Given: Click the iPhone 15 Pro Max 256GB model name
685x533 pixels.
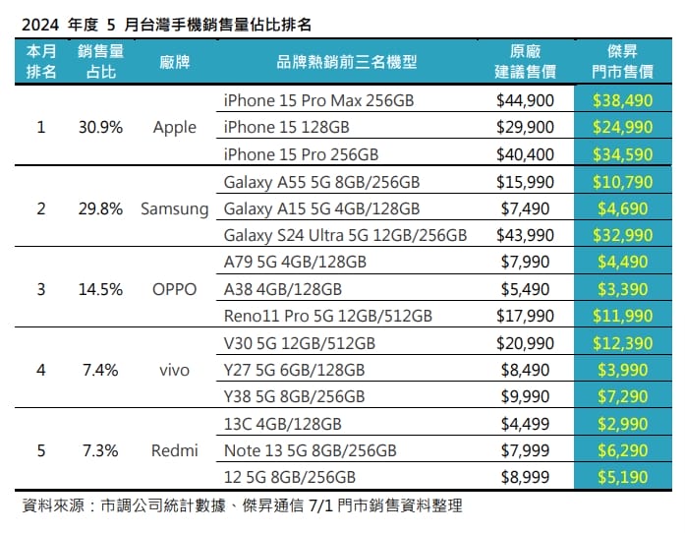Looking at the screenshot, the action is pyautogui.click(x=318, y=100).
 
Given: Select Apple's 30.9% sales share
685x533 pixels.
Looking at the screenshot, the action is pyautogui.click(x=100, y=127).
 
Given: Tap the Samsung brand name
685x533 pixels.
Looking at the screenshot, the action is pyautogui.click(x=174, y=209).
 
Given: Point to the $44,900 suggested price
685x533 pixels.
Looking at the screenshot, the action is pyautogui.click(x=525, y=100).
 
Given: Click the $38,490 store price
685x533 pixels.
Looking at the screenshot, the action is pyautogui.click(x=622, y=100).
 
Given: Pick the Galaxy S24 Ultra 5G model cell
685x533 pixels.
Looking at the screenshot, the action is pyautogui.click(x=345, y=236).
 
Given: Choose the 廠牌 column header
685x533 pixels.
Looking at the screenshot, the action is pyautogui.click(x=174, y=62).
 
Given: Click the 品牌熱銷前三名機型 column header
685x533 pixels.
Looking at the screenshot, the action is pyautogui.click(x=347, y=62).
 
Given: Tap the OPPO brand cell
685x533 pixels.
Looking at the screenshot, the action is pyautogui.click(x=174, y=289).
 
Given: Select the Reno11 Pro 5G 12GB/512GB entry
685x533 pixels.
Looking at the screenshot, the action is pyautogui.click(x=327, y=316).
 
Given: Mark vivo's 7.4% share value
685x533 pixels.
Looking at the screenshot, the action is pyautogui.click(x=100, y=371).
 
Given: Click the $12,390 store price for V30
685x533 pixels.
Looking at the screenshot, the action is pyautogui.click(x=622, y=343).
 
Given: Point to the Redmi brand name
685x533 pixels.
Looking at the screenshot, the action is pyautogui.click(x=174, y=450).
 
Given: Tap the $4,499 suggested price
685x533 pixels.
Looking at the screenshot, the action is pyautogui.click(x=525, y=424).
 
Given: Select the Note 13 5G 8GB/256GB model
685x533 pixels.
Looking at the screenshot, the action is pyautogui.click(x=311, y=450).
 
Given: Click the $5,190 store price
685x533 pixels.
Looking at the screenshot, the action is pyautogui.click(x=622, y=477).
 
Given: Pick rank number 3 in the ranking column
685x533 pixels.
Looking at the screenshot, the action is pyautogui.click(x=41, y=289).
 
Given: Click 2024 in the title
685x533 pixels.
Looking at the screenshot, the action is pyautogui.click(x=40, y=25).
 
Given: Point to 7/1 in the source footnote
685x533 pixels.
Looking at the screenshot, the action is pyautogui.click(x=320, y=505).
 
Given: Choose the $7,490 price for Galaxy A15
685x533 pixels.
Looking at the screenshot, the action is pyautogui.click(x=525, y=209).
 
